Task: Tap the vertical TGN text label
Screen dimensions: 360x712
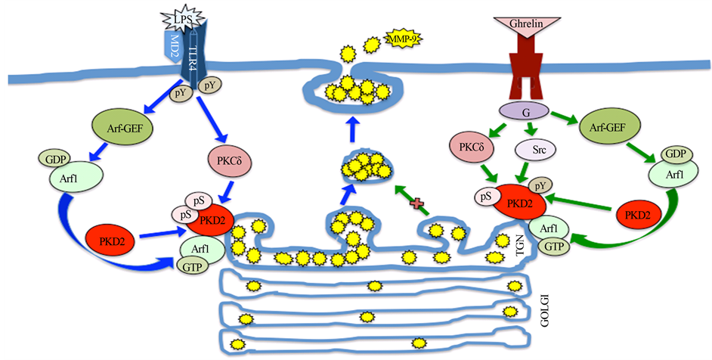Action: pos(521,252)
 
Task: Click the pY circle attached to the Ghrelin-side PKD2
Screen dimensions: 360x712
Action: pos(540,185)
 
